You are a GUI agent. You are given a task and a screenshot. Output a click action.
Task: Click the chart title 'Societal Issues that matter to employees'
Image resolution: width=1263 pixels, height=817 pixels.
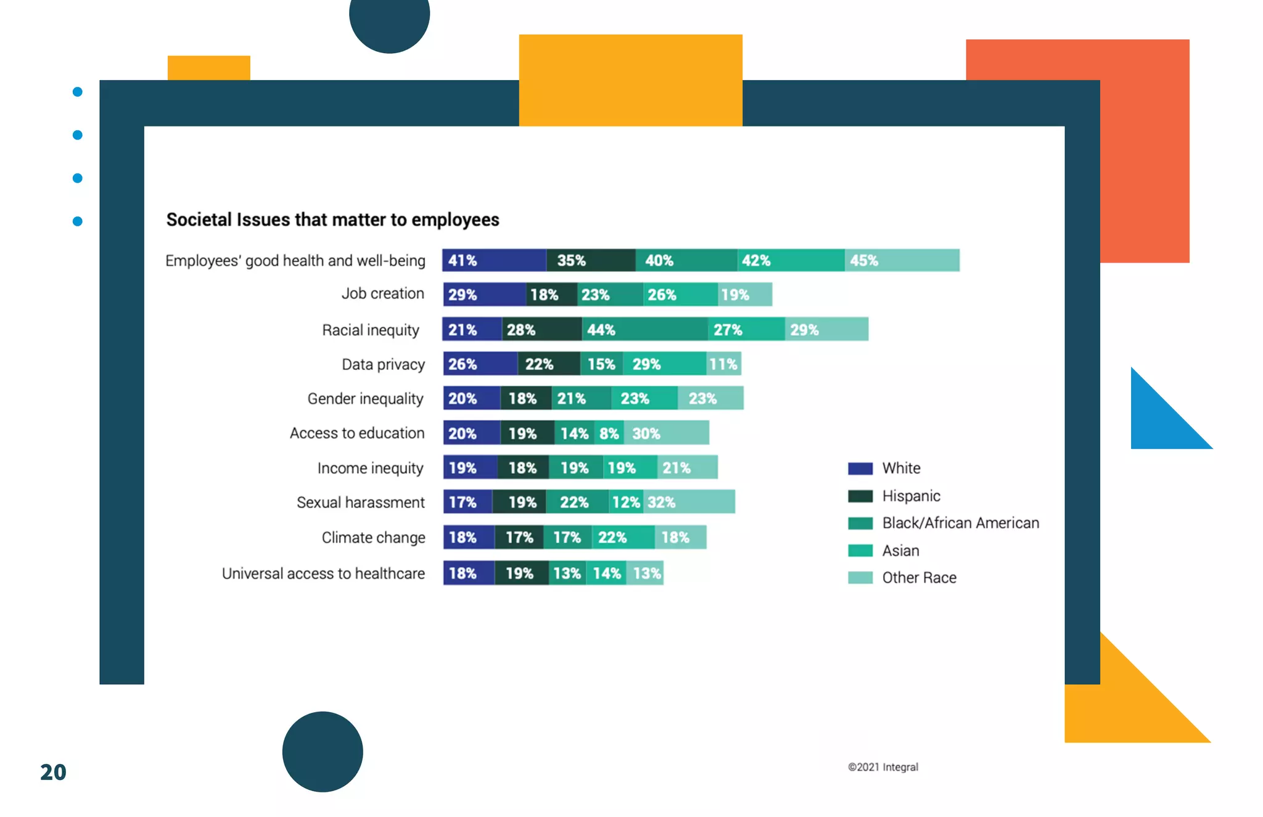(332, 220)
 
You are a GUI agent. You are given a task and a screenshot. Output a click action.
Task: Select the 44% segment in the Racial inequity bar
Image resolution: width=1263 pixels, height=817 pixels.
(644, 330)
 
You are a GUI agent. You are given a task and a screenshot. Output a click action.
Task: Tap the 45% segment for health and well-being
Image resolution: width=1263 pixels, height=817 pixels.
(902, 261)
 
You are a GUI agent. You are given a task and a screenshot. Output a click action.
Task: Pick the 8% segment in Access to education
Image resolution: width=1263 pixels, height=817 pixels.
(609, 433)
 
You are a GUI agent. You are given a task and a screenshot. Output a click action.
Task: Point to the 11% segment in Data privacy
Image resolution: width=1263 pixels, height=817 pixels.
(723, 364)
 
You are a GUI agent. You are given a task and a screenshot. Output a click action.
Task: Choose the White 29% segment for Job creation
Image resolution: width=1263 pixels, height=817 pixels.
(484, 295)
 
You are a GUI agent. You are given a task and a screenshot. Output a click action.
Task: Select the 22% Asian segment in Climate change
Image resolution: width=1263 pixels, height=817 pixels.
(623, 538)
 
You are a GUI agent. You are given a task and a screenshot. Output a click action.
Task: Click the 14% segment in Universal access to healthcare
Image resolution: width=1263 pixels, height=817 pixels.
(606, 573)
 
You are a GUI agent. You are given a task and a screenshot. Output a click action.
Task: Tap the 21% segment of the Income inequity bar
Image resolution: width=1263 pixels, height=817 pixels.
(687, 468)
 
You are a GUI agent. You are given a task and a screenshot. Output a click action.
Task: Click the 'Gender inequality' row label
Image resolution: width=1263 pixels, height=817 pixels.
(365, 399)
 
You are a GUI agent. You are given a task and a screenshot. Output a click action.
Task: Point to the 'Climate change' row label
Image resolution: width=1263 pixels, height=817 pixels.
(373, 538)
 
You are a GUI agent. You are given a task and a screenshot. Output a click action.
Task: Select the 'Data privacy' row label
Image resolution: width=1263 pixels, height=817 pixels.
(383, 364)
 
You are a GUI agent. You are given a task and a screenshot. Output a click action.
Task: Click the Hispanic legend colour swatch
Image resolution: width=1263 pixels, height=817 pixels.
(860, 496)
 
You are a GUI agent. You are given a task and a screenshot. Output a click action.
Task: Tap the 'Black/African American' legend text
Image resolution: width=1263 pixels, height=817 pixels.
(960, 523)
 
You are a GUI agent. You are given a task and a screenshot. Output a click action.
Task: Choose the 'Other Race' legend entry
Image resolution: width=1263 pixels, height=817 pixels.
(919, 578)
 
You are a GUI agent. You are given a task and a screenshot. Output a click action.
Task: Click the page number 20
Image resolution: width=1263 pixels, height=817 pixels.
(53, 772)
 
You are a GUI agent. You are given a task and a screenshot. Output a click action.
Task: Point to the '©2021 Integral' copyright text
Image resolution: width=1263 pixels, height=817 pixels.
(882, 767)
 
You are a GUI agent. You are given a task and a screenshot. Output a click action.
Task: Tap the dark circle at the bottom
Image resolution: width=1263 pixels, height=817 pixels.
(323, 752)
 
